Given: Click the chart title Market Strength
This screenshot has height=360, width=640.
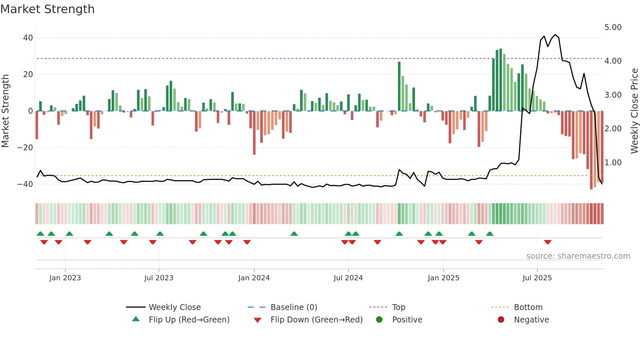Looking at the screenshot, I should [x=47, y=9].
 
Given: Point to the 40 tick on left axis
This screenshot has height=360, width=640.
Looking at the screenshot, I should [x=28, y=38].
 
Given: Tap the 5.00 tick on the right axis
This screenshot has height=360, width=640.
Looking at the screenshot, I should [x=613, y=27].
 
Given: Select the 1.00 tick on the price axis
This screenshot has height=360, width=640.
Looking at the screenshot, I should [x=613, y=163].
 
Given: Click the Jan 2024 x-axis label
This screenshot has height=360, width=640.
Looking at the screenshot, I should [x=254, y=278].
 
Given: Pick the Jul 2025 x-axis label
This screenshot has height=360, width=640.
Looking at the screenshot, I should [x=537, y=278].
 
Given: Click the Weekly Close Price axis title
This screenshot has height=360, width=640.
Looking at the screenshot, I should [x=634, y=111].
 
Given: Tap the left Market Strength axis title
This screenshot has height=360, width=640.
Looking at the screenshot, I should [x=5, y=111].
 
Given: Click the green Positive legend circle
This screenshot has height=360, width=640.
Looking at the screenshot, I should [x=379, y=320].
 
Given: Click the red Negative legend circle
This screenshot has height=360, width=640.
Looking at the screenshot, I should [x=501, y=320].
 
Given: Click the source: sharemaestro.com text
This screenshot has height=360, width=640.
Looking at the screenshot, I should [x=578, y=256].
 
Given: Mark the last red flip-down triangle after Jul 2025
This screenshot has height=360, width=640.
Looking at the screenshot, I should [x=548, y=242].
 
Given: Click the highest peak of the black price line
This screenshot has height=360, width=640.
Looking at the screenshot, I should [x=555, y=35].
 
